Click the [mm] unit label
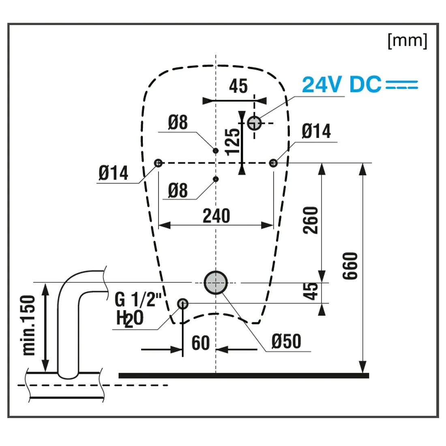[407, 41]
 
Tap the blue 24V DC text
[341, 85]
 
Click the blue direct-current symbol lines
[401, 85]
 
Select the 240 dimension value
[217, 216]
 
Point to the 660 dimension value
[351, 266]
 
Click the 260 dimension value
[311, 220]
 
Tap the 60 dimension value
[200, 343]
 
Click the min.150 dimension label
[29, 325]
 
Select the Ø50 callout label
[286, 341]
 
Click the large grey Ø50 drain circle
[216, 282]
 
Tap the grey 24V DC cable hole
[254, 122]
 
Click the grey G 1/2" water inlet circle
[183, 303]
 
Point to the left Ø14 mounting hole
[159, 163]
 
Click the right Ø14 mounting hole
[274, 163]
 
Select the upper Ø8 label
[178, 122]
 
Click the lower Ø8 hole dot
[216, 179]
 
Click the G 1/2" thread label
[138, 300]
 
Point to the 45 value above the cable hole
[238, 86]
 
